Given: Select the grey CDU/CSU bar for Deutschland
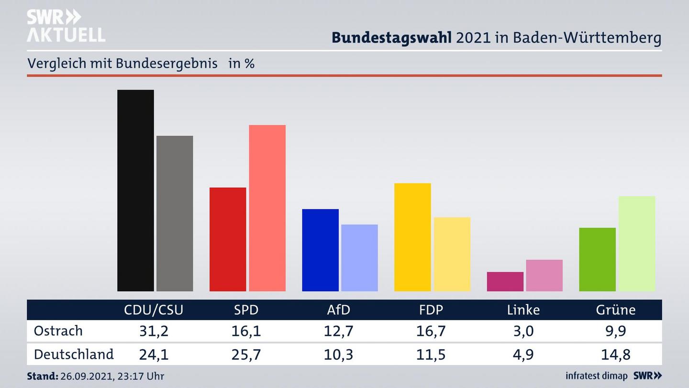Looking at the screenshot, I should pyautogui.click(x=175, y=213).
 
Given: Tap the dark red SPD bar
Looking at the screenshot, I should pyautogui.click(x=228, y=239).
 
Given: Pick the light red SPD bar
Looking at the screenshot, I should pyautogui.click(x=267, y=208).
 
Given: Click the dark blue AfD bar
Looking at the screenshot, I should pyautogui.click(x=320, y=250).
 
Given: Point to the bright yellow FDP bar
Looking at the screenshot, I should pyautogui.click(x=412, y=237).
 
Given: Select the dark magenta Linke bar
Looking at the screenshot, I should pyautogui.click(x=505, y=282).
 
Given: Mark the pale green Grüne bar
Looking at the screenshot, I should pyautogui.click(x=636, y=243).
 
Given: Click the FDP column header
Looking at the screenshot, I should pyautogui.click(x=431, y=310).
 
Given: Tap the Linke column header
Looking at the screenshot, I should pyautogui.click(x=523, y=310).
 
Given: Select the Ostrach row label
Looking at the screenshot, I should pyautogui.click(x=58, y=331).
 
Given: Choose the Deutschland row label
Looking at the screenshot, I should pyautogui.click(x=74, y=354).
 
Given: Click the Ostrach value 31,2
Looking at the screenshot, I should pyautogui.click(x=154, y=331).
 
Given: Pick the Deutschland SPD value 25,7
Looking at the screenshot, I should pyautogui.click(x=246, y=354).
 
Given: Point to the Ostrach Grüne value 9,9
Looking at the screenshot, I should pyautogui.click(x=616, y=331).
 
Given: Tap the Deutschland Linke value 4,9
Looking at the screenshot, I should pyautogui.click(x=523, y=354).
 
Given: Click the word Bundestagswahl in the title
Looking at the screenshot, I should pyautogui.click(x=391, y=38).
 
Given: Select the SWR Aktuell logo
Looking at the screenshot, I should pyautogui.click(x=66, y=26).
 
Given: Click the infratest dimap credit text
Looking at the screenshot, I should pyautogui.click(x=596, y=376).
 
